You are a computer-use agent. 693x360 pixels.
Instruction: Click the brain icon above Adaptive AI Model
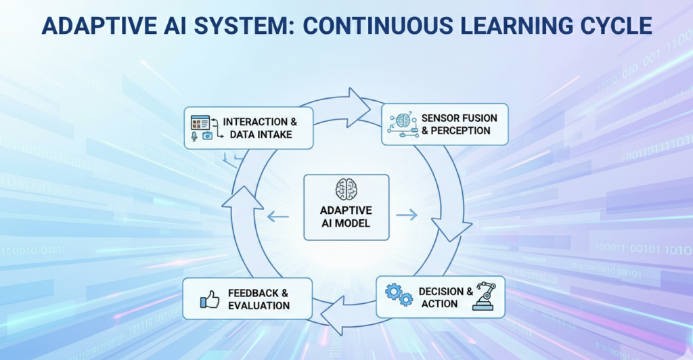[x=346, y=189]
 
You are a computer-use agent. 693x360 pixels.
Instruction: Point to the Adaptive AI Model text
[x=346, y=217]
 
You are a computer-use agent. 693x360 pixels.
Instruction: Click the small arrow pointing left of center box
[x=277, y=217]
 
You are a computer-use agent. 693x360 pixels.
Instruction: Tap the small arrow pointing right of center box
[x=407, y=215]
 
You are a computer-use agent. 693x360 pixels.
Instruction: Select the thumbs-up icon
[x=209, y=298]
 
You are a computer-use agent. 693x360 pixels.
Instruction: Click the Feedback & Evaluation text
[x=259, y=299]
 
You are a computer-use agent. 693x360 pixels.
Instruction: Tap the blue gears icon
[x=399, y=295]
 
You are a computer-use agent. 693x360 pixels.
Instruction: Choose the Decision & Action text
[x=445, y=296]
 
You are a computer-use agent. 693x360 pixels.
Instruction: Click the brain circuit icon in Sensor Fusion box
[x=403, y=123]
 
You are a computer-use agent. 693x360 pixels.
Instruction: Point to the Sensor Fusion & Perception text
[x=459, y=124]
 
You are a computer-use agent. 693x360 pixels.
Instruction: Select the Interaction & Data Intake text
[x=260, y=128]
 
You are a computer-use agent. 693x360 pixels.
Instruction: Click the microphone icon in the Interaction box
[x=194, y=136]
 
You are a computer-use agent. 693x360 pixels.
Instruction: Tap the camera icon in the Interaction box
[x=207, y=136]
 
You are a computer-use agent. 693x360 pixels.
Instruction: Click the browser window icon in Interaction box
[x=200, y=122]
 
